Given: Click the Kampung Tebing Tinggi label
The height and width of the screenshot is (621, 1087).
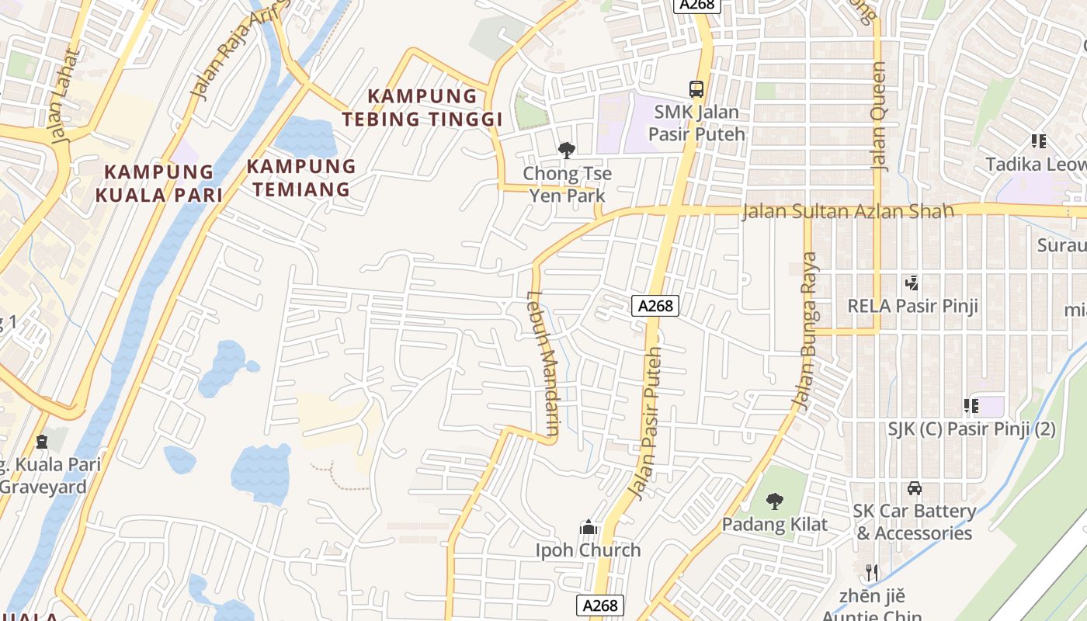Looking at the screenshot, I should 423,108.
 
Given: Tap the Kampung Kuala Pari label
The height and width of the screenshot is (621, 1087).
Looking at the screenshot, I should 159,183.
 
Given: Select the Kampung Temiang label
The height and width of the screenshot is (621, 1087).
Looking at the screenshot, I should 300,178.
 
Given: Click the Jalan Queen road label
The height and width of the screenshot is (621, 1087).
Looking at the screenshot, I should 879,116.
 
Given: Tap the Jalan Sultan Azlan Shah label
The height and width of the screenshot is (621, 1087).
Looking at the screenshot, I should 847,211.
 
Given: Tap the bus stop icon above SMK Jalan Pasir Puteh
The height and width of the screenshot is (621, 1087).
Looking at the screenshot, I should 696,89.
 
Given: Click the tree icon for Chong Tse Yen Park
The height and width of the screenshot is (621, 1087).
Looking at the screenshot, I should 567,151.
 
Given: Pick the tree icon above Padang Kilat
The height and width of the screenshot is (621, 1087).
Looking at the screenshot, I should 774,501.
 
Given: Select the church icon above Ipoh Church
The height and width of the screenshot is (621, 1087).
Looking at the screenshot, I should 589,528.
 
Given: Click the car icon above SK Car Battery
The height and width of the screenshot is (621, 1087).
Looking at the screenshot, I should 915,488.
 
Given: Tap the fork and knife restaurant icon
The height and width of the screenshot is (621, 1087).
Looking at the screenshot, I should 872,573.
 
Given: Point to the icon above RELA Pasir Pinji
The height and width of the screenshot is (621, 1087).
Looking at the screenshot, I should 912,283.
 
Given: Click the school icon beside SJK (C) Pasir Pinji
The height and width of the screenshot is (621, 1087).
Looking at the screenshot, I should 971,405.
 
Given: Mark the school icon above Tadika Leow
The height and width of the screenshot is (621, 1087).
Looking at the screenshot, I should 1038,141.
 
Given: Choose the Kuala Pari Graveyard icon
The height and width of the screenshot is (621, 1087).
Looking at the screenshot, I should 41,442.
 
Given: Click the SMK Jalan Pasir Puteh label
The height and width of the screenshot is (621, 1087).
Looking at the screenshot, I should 696,123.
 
